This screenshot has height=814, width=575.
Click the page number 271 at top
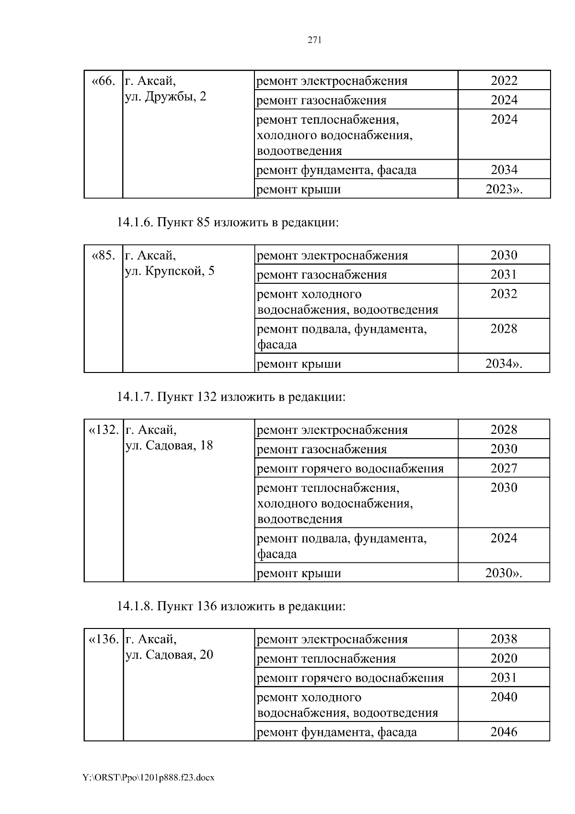(x=314, y=40)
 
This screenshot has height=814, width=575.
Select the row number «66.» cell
(x=103, y=81)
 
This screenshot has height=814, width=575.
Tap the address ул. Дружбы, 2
(x=165, y=96)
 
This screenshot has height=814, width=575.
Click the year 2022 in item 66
(x=504, y=81)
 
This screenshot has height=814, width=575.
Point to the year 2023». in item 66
(x=504, y=189)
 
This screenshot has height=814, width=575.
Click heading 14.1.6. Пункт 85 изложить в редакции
(x=228, y=222)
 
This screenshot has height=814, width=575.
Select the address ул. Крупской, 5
(x=169, y=271)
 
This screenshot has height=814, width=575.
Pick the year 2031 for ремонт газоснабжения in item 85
(x=504, y=274)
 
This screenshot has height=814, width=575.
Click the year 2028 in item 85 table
(x=504, y=329)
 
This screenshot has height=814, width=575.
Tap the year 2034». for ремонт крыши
(x=504, y=364)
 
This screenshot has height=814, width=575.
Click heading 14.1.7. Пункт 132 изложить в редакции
(x=231, y=397)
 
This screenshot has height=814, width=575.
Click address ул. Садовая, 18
(x=169, y=445)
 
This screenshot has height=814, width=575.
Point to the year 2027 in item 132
(x=504, y=468)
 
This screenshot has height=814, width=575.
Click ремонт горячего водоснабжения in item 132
(x=350, y=468)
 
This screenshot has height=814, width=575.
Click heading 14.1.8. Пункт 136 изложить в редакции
(x=231, y=606)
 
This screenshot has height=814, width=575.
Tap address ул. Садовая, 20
(x=169, y=655)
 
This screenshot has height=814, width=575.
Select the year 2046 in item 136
(x=504, y=732)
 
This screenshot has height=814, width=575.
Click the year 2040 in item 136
(x=504, y=697)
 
